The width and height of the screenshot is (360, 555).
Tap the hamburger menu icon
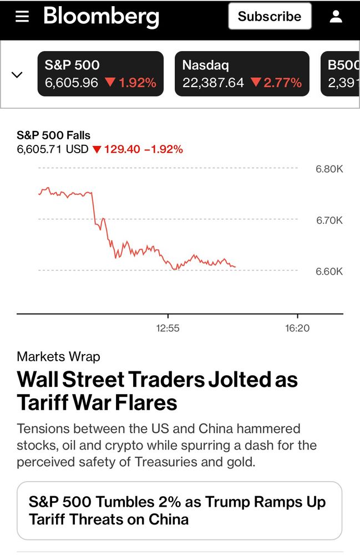[x=22, y=16]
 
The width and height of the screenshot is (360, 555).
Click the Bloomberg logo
[x=101, y=16]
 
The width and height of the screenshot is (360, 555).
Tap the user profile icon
[x=336, y=16]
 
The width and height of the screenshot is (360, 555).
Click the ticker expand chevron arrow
[x=17, y=74]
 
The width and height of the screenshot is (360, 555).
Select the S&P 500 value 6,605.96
[x=72, y=83]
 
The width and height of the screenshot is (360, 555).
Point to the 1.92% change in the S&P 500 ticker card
[x=137, y=83]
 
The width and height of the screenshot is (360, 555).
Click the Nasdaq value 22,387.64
[x=213, y=83]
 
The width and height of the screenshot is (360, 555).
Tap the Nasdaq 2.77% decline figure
[x=282, y=83]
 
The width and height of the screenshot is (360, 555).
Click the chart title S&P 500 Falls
[x=53, y=135]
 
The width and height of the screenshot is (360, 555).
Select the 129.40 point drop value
[x=122, y=149]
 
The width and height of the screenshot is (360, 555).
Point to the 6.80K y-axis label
[x=329, y=169]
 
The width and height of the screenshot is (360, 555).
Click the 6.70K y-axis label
[x=329, y=220]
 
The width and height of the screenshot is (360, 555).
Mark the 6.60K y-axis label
[x=329, y=271]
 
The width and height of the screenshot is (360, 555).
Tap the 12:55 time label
[x=168, y=328]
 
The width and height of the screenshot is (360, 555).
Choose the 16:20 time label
[x=297, y=328]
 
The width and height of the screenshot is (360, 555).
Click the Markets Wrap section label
[x=58, y=356]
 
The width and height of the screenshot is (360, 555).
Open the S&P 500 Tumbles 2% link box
[x=179, y=511]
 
